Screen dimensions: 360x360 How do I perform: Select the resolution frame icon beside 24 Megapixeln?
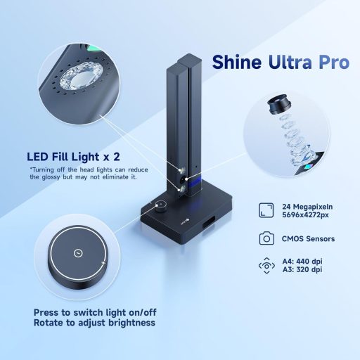pos(266,209)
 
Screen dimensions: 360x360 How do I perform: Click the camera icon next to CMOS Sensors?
pos(266,238)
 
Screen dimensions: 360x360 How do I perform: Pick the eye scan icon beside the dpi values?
pos(266,266)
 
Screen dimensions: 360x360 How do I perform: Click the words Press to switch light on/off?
pos(94,312)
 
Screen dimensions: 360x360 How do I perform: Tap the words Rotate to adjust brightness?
pos(94,324)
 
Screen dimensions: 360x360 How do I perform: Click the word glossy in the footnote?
pos(61,178)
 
